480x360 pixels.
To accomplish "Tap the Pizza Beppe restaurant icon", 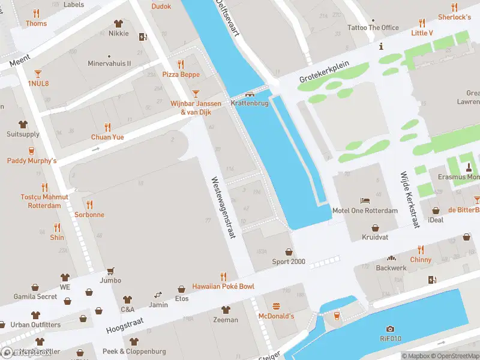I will click(x=181, y=64).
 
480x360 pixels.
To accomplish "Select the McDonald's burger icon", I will click(x=276, y=306).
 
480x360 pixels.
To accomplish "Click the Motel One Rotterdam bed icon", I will click(x=365, y=201).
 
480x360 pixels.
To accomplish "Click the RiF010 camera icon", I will click(x=390, y=328).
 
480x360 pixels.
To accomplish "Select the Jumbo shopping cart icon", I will click(x=110, y=271).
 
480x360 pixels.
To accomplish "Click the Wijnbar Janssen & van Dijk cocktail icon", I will click(x=195, y=94).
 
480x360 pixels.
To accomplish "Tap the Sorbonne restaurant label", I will click(x=89, y=214).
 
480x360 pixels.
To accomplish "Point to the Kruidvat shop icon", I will click(x=376, y=227).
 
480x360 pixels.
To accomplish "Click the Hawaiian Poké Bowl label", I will click(x=223, y=286).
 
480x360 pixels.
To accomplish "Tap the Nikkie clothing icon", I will click(x=118, y=23).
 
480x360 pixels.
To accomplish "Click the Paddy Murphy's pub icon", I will click(x=31, y=151).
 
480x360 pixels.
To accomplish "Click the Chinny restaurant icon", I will click(x=421, y=250).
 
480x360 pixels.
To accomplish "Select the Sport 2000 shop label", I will click(x=289, y=262).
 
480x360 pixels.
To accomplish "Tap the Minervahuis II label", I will click(x=109, y=63).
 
